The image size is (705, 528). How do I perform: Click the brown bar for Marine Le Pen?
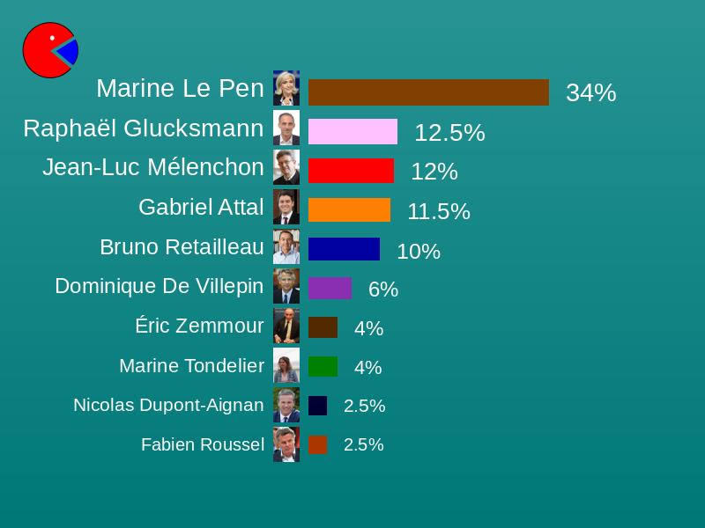[x=428, y=92]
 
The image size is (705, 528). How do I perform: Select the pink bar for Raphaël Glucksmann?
[x=352, y=132]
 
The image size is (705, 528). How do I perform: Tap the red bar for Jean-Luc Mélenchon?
[x=351, y=171]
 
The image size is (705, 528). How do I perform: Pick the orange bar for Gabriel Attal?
[x=349, y=210]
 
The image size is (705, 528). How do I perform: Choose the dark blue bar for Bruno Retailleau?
[x=344, y=249]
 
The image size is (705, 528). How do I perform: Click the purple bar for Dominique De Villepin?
[x=330, y=289]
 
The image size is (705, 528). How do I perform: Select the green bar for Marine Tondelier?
[x=323, y=366]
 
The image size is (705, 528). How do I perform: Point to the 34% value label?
[x=590, y=92]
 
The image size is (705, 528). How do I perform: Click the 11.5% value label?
[x=439, y=211]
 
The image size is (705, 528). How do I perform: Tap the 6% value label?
[x=383, y=290]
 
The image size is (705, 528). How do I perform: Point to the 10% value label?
[x=419, y=251]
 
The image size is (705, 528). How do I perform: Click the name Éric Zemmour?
[x=199, y=326]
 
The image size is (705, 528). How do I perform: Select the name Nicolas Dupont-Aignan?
[x=168, y=405]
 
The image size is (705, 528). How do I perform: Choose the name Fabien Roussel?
[x=203, y=444]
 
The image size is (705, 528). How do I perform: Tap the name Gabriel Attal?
[x=201, y=207]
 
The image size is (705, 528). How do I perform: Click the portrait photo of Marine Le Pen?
[x=286, y=88]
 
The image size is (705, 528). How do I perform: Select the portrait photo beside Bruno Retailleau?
[x=286, y=247]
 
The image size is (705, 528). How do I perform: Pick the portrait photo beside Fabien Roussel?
[x=286, y=444]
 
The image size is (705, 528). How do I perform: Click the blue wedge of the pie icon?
[x=69, y=53]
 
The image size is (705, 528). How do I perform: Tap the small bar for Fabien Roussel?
[x=318, y=444]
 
